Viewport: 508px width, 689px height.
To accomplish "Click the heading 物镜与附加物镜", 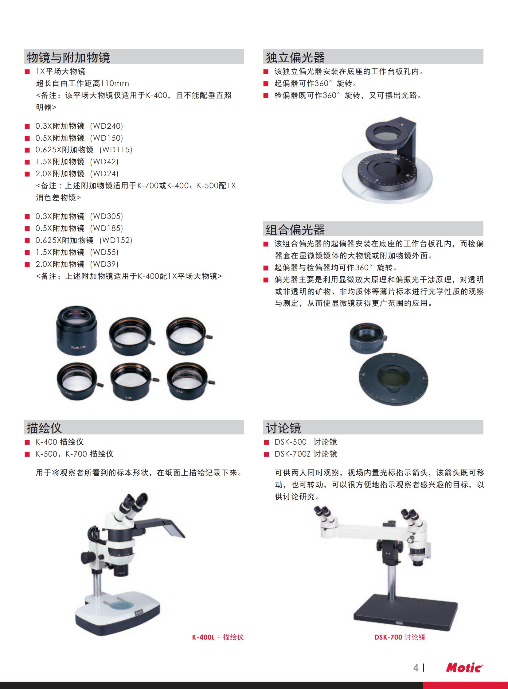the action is pyautogui.click(x=68, y=57).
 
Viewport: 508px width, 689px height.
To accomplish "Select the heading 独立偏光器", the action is pyautogui.click(x=295, y=57).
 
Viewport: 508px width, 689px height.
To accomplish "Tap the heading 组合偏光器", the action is pyautogui.click(x=295, y=230).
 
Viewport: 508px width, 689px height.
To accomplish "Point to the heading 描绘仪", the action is pyautogui.click(x=44, y=428).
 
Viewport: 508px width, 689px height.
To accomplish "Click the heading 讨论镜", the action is pyautogui.click(x=283, y=428).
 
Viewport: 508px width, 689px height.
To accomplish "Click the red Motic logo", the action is pyautogui.click(x=464, y=668).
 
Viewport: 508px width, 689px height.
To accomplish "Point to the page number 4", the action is pyautogui.click(x=416, y=668).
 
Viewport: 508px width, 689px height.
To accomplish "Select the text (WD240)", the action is pyautogui.click(x=106, y=126).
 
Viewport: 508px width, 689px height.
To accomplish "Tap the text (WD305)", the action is pyautogui.click(x=106, y=216).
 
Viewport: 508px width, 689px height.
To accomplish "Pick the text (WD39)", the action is pyautogui.click(x=104, y=264).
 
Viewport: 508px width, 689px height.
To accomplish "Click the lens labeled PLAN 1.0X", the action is pyautogui.click(x=76, y=331).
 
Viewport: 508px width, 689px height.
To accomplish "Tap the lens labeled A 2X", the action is pyautogui.click(x=133, y=382).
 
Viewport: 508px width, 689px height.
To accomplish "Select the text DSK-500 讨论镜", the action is pyautogui.click(x=306, y=442).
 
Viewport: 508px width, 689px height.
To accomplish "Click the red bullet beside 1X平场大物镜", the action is pyautogui.click(x=27, y=72).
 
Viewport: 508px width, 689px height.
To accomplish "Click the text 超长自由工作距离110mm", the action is pyautogui.click(x=82, y=83).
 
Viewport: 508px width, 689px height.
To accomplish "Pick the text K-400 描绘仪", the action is pyautogui.click(x=60, y=442).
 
